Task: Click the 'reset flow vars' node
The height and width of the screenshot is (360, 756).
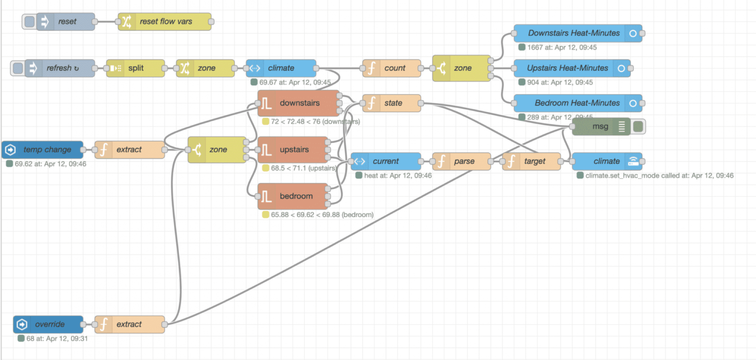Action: click(165, 22)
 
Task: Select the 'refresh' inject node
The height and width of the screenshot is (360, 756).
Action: click(60, 68)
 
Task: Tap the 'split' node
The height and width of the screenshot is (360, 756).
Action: click(135, 68)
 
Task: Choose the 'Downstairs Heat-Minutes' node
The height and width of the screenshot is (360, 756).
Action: click(574, 33)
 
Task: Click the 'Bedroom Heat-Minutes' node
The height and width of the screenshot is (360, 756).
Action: click(574, 103)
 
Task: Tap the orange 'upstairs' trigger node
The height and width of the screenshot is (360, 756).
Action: click(293, 149)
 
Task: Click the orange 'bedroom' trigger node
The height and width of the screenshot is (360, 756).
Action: click(293, 196)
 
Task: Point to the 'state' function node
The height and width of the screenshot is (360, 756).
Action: click(392, 103)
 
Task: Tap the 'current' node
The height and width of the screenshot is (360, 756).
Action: click(386, 161)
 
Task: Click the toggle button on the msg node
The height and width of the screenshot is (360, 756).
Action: click(638, 127)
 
